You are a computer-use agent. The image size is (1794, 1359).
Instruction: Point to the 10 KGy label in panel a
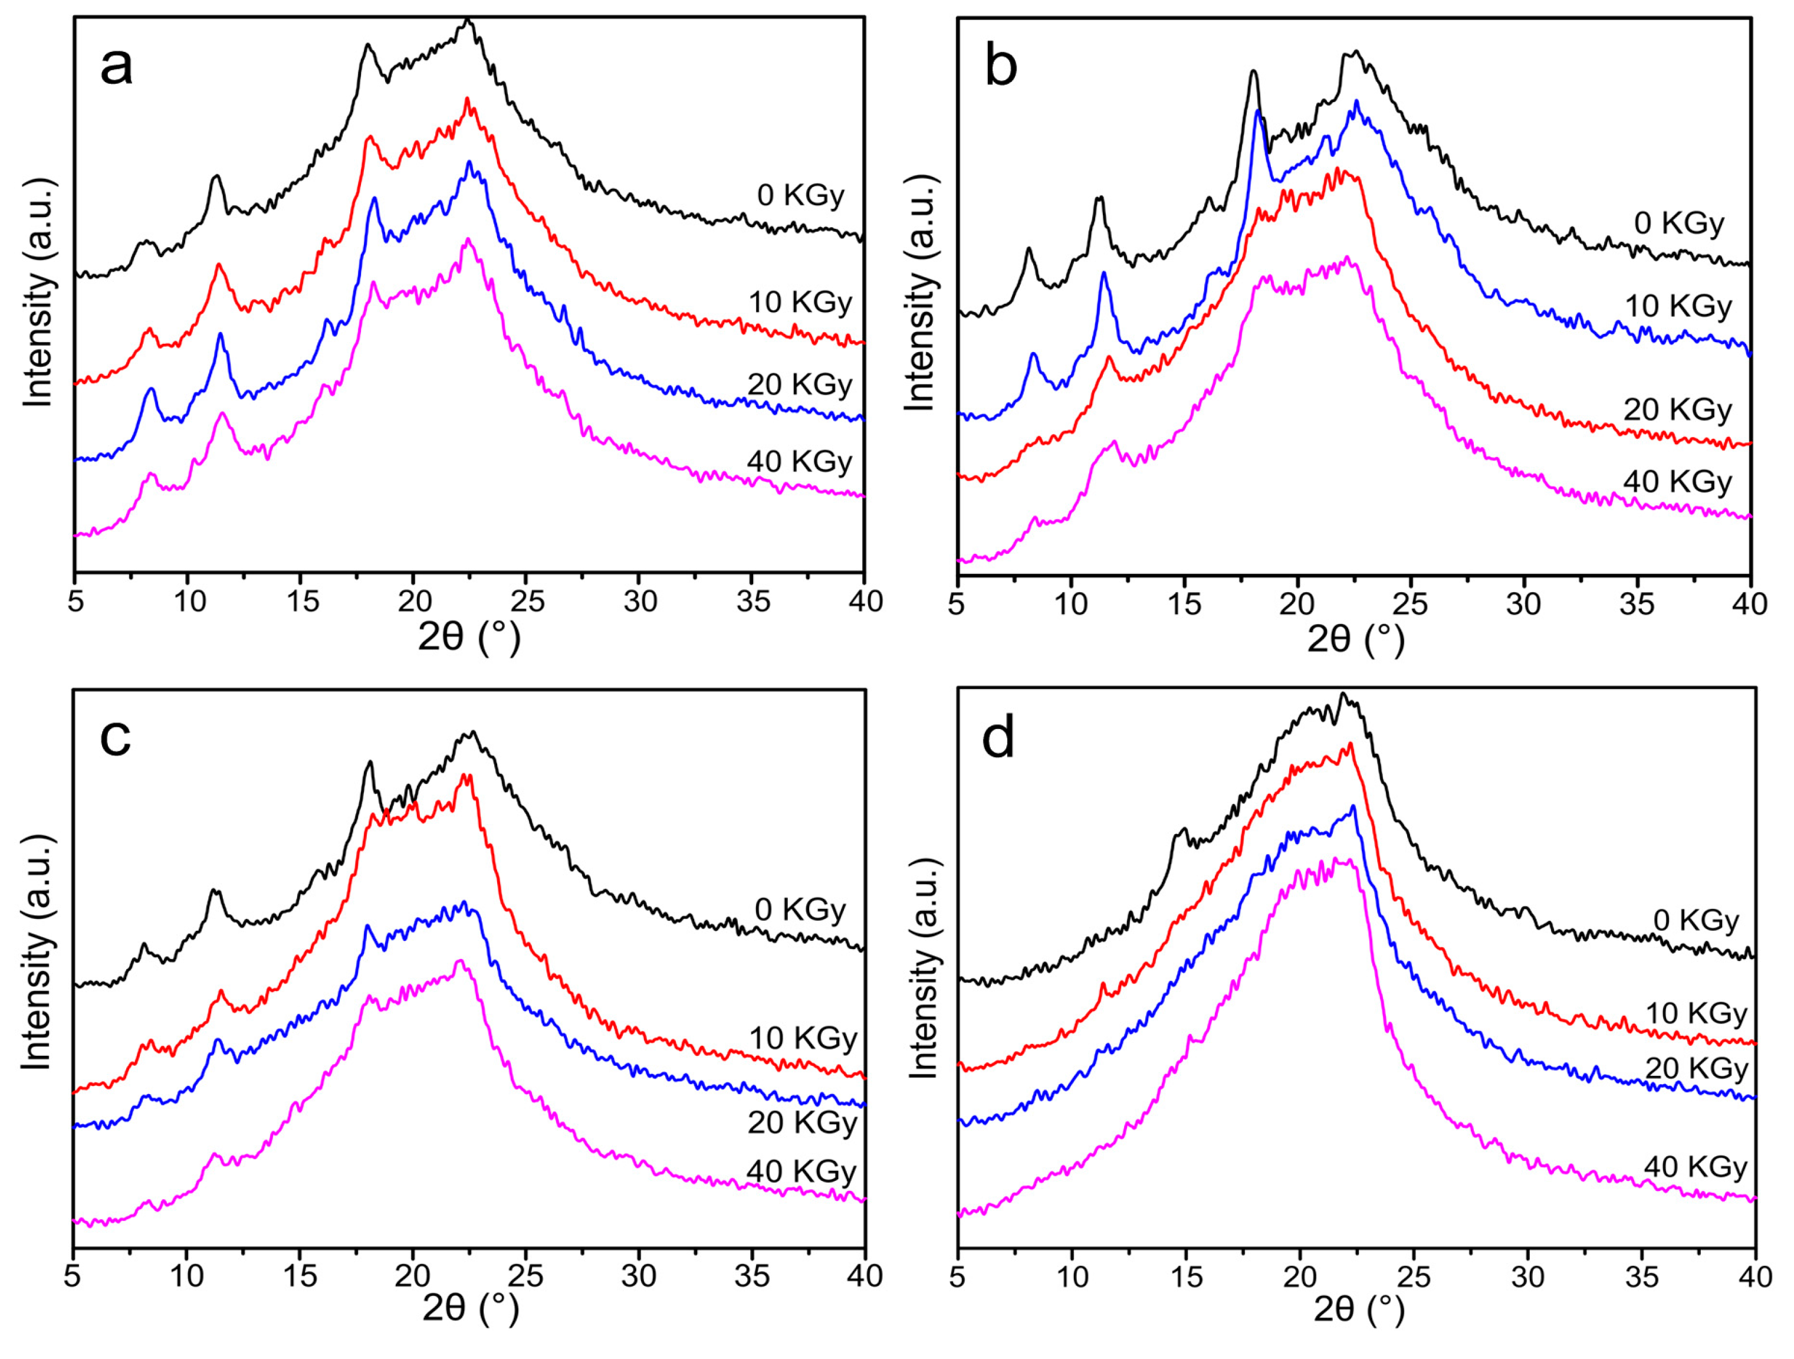[x=800, y=303]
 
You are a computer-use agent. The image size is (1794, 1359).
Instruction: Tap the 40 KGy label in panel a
[x=800, y=462]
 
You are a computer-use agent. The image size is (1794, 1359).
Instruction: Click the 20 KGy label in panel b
[x=1677, y=410]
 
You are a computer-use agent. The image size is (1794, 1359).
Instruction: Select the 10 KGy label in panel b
[x=1678, y=306]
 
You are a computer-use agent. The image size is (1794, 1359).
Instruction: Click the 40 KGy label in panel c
[x=802, y=1171]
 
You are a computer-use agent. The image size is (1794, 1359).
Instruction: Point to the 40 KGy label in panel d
[x=1696, y=1167]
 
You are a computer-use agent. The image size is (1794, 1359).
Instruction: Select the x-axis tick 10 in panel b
[x=1070, y=603]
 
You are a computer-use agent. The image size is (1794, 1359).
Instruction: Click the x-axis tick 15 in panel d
[x=1187, y=1277]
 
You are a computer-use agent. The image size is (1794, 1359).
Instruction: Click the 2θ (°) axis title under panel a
[x=469, y=639]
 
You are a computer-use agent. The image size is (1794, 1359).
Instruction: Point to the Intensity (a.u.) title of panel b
[x=920, y=292]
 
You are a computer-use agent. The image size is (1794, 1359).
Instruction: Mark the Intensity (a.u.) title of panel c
[x=37, y=951]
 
